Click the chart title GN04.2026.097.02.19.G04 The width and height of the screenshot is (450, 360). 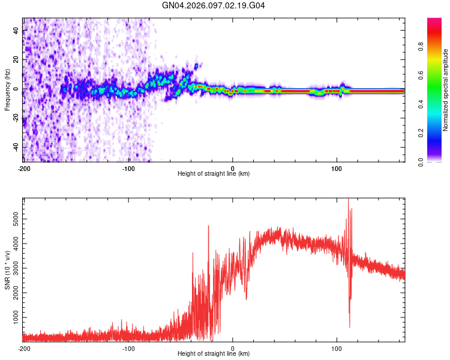(214, 5)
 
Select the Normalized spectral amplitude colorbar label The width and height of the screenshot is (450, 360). (446, 90)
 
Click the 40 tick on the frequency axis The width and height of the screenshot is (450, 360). (17, 31)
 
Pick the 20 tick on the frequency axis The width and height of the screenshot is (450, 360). (17, 60)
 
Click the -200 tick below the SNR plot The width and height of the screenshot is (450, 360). (24, 349)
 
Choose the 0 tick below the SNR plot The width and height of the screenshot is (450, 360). (233, 349)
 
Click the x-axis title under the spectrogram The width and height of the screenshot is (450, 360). (214, 174)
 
